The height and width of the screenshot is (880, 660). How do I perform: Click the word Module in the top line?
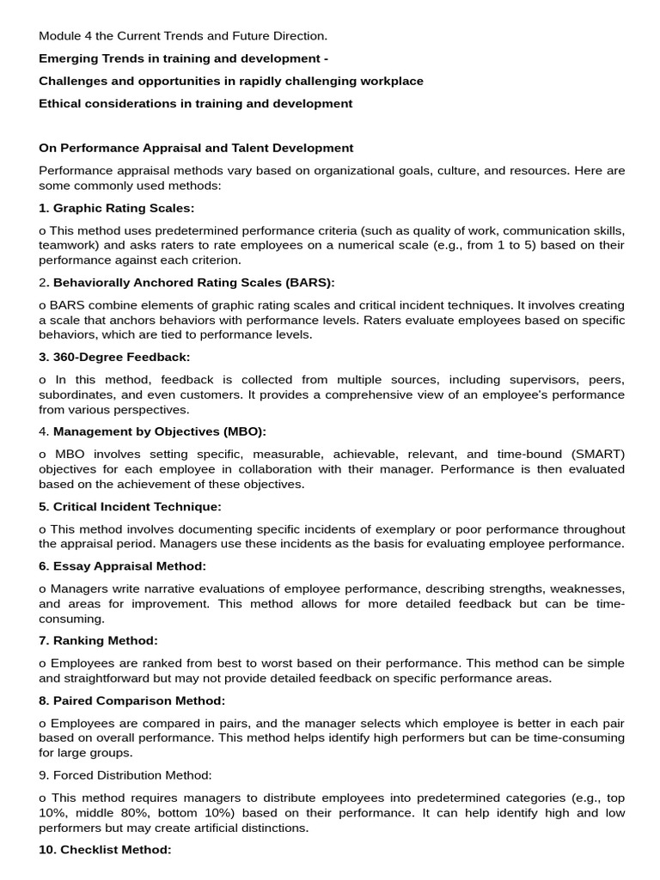point(59,36)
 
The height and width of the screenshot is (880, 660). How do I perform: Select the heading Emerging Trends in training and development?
point(183,58)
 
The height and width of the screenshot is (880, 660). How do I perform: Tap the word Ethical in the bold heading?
point(61,103)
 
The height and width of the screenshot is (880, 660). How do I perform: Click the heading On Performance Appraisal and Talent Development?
point(196,148)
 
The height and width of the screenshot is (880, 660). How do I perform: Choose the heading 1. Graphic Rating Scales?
point(117,208)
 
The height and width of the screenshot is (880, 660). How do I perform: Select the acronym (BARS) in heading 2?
point(304,282)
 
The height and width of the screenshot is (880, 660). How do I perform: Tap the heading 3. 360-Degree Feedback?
point(114,357)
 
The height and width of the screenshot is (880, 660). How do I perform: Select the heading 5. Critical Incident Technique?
point(130,506)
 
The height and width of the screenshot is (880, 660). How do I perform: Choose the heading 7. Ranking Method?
point(99,641)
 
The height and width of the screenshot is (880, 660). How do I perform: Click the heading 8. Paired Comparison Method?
point(131,700)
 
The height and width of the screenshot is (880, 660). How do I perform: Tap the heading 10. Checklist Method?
point(105,850)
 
